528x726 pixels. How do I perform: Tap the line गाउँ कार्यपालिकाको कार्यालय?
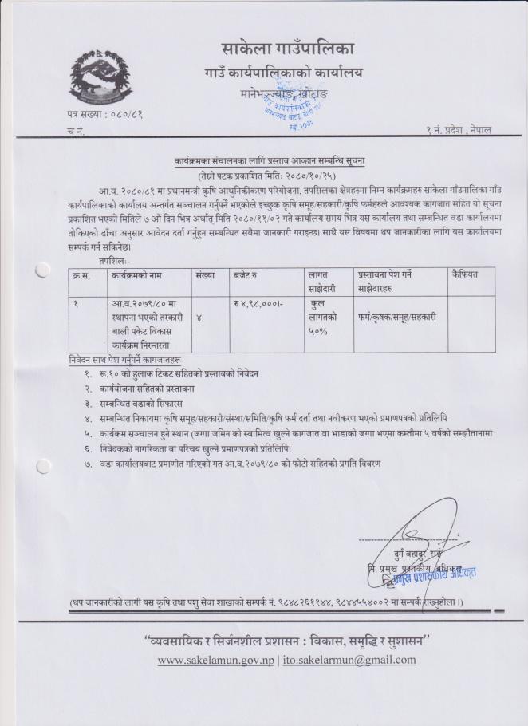click(x=283, y=74)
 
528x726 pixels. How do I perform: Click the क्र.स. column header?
click(x=79, y=274)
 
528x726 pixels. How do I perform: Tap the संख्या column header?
click(x=205, y=274)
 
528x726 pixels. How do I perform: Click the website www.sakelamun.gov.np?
click(x=216, y=660)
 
